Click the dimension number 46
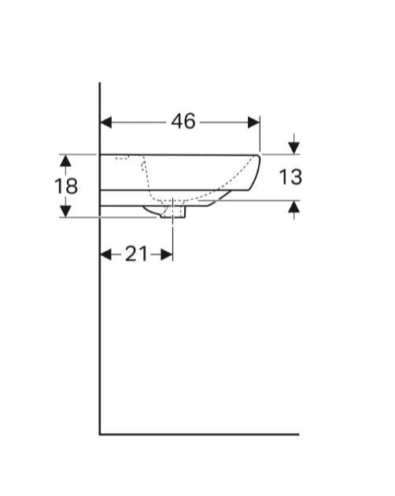click(x=183, y=121)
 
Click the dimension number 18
click(x=66, y=186)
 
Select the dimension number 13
click(x=290, y=177)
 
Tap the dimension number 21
click(x=136, y=254)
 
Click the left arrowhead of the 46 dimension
click(x=106, y=122)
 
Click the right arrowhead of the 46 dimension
click(x=254, y=122)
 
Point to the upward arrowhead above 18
click(x=65, y=161)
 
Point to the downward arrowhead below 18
click(x=65, y=211)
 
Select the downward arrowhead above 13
click(x=294, y=148)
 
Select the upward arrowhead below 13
click(x=294, y=207)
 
